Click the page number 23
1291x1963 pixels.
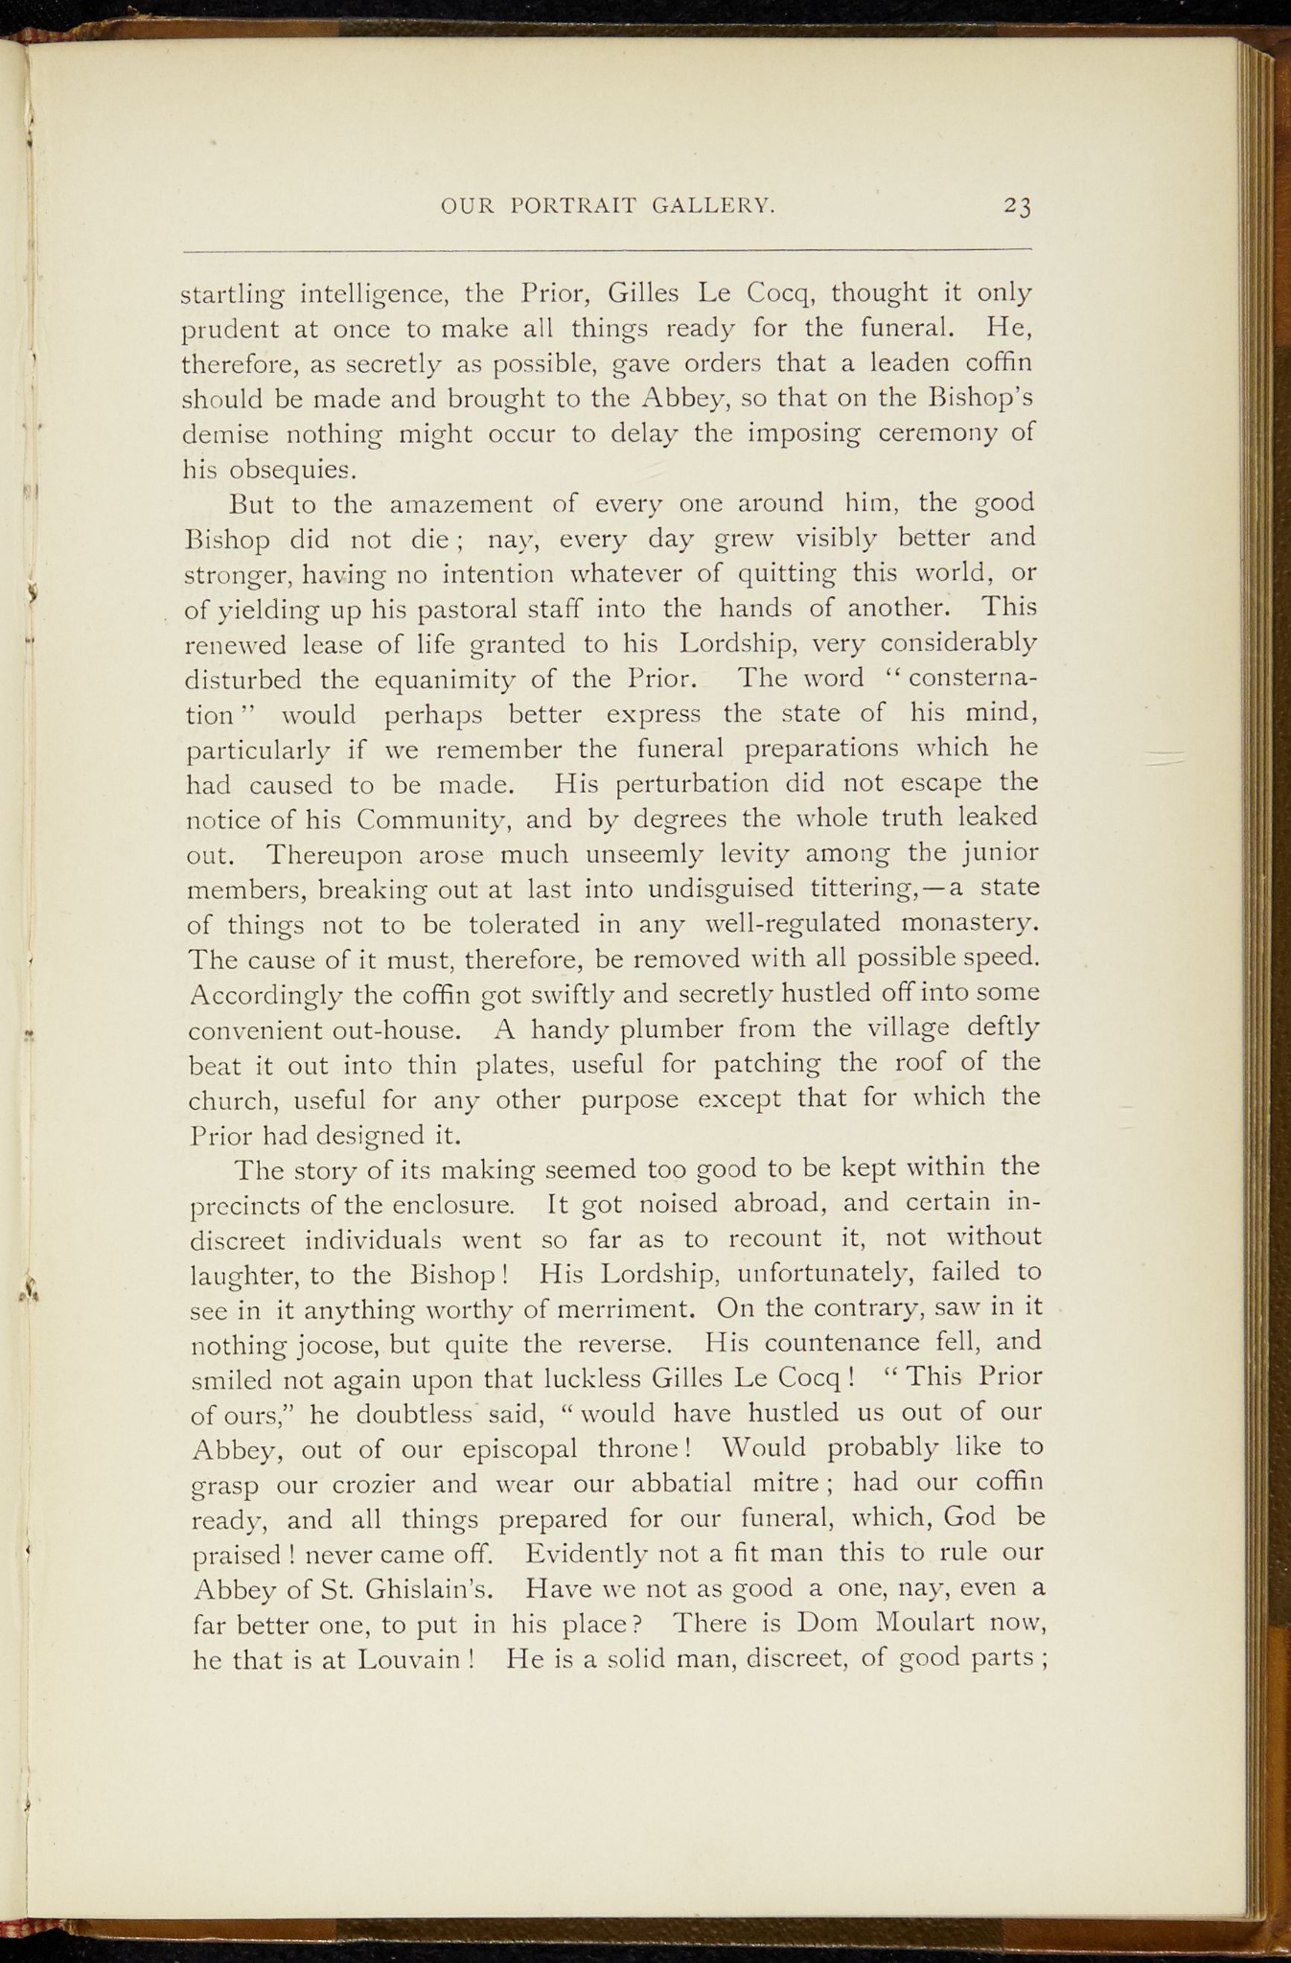click(x=1017, y=206)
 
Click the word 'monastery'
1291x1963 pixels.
click(x=969, y=924)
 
